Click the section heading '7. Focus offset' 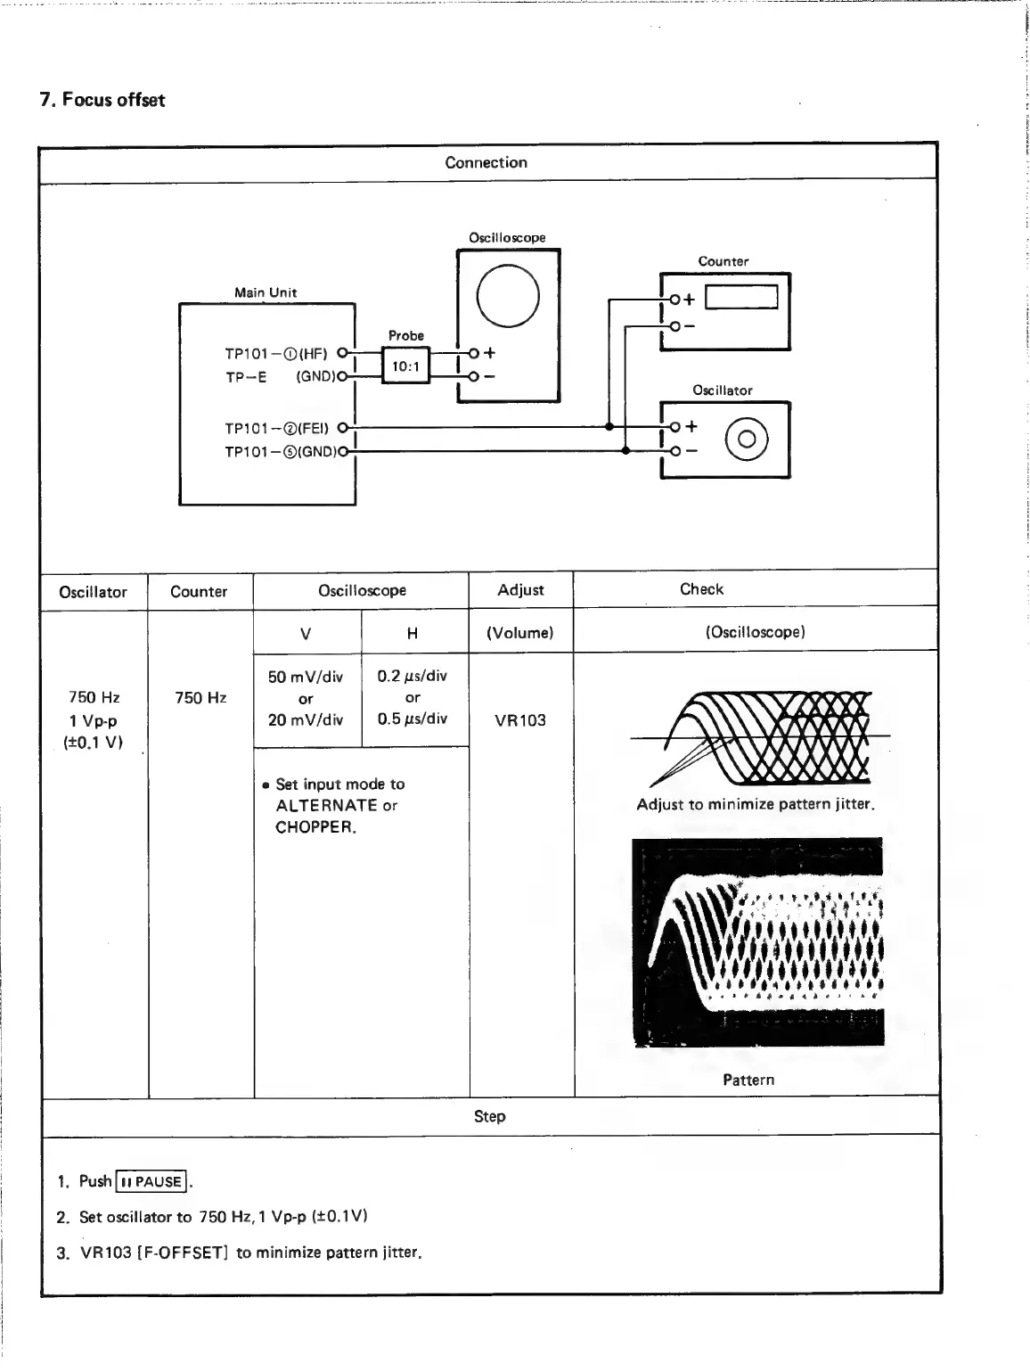102,99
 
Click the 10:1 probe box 405,366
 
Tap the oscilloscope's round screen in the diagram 508,296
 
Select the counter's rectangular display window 741,297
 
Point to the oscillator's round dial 747,439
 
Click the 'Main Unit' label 266,292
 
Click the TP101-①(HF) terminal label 276,353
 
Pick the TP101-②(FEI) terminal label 276,428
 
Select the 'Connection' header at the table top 486,162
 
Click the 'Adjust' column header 520,589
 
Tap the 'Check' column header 701,589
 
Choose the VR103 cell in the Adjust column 520,719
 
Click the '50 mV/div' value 306,677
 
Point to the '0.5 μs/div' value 413,719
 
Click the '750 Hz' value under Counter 200,697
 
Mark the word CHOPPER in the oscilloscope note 315,827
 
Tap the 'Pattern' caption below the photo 748,1080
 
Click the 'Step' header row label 489,1116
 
